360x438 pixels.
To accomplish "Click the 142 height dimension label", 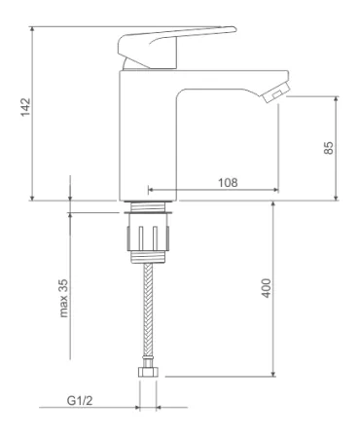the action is tap(25, 107).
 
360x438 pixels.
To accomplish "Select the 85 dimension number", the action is tap(329, 148).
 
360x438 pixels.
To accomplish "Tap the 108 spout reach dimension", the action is tap(228, 183).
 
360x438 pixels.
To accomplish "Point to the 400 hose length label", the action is tap(267, 288).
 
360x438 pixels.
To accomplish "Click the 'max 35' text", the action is tap(63, 298).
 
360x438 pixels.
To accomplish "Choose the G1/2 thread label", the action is tap(80, 401).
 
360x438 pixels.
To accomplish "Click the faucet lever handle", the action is tap(177, 47).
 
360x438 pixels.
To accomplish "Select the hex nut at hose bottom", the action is tap(148, 372).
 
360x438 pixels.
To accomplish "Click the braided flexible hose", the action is tap(148, 310).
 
